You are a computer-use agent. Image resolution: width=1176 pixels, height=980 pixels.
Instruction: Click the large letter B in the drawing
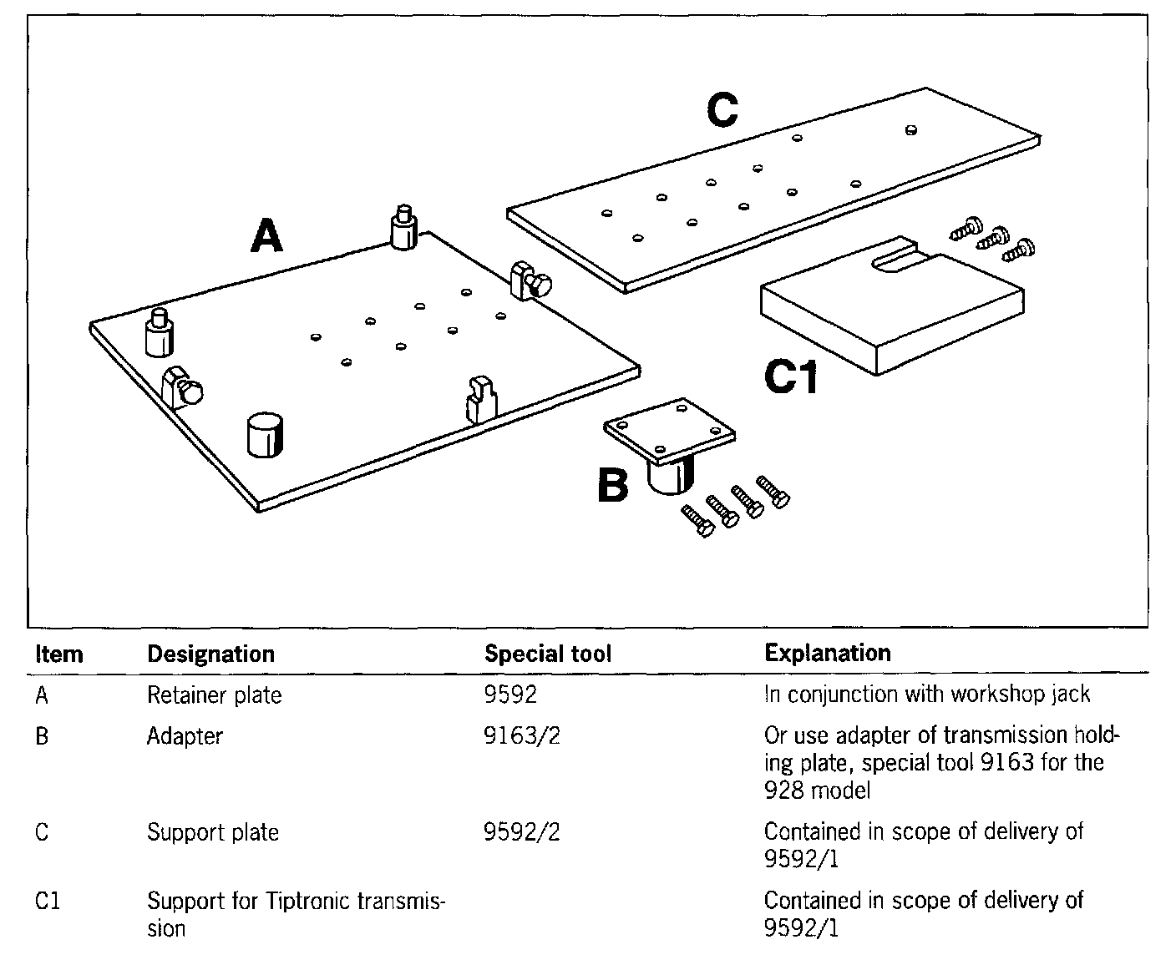(613, 485)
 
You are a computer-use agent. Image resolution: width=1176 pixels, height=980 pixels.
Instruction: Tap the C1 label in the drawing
(791, 377)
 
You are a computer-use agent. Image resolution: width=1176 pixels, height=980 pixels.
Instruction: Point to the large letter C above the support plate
(722, 111)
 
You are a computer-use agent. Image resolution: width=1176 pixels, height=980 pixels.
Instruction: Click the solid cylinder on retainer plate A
(266, 433)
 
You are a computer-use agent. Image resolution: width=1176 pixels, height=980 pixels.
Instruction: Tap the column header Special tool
(548, 654)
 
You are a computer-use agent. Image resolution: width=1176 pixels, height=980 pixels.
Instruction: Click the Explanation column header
(827, 653)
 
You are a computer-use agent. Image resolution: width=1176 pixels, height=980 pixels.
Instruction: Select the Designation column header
(210, 654)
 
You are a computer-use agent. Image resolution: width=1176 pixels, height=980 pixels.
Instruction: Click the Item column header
(59, 654)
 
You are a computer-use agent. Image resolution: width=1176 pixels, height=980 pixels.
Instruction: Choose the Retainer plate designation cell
(214, 695)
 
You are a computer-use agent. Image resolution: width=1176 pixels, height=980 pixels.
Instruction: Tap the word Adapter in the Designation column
(185, 735)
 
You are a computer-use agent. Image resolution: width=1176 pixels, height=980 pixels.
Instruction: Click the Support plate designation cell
(212, 831)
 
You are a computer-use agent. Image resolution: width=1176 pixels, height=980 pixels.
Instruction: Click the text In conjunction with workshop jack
(927, 695)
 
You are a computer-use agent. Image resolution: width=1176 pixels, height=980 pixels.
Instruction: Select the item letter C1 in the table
(48, 902)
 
